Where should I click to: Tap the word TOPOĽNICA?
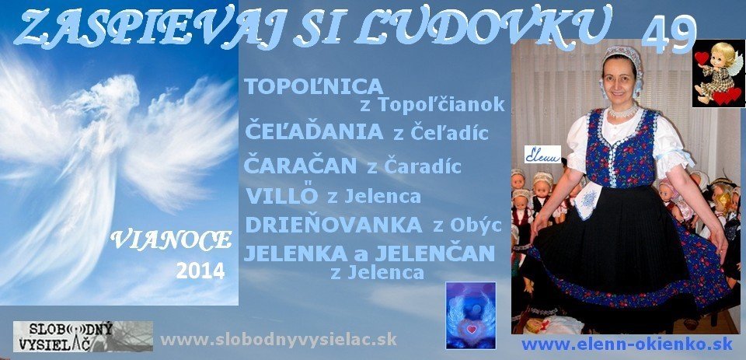(314, 86)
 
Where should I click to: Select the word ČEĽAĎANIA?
(313, 132)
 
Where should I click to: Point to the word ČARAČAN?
(300, 165)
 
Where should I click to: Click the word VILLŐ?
(281, 195)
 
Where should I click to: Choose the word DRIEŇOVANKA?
(333, 225)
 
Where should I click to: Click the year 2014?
(200, 271)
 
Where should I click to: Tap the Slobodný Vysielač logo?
(83, 336)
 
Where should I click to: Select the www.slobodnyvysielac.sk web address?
(278, 339)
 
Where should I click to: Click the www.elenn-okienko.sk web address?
(627, 344)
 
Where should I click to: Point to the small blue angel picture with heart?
(470, 315)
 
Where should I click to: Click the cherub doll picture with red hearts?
(717, 73)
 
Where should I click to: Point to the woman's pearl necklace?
(623, 111)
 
